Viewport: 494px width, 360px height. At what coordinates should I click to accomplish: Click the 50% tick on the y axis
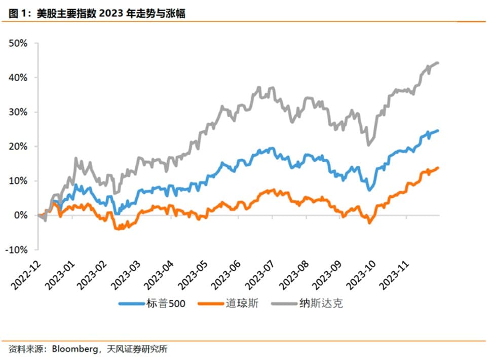point(18,43)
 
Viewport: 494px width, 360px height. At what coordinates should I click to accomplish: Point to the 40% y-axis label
point(18,78)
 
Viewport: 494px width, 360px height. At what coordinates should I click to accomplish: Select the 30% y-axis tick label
point(18,112)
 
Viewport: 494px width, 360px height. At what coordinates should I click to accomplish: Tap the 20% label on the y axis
point(18,147)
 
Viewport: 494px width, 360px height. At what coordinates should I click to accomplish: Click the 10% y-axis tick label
point(18,181)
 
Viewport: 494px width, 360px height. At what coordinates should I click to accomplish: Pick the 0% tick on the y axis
point(21,215)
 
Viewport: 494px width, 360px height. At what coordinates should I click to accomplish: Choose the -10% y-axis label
point(17,250)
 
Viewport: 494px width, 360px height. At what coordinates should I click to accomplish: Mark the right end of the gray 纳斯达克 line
point(438,63)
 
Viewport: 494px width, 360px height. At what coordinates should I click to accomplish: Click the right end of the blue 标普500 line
point(438,130)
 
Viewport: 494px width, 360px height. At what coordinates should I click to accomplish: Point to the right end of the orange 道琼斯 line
point(438,168)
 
